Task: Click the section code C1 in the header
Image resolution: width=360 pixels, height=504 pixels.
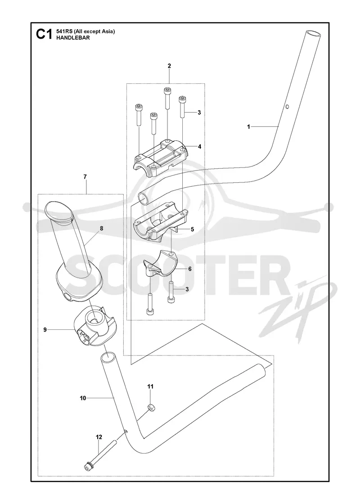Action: click(x=44, y=34)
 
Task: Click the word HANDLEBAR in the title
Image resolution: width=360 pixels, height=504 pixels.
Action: click(x=68, y=38)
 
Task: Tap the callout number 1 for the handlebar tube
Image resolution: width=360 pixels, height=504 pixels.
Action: click(x=248, y=127)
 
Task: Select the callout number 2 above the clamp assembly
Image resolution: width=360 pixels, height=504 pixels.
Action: click(x=169, y=66)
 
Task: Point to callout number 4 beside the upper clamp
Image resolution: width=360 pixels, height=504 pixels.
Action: click(x=200, y=147)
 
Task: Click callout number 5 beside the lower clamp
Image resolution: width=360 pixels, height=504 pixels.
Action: click(x=193, y=229)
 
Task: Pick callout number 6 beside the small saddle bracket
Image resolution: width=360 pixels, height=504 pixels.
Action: click(x=189, y=269)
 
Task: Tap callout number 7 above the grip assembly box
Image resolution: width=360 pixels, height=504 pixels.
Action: click(x=85, y=177)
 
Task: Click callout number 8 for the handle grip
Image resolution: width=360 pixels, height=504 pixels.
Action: click(x=102, y=229)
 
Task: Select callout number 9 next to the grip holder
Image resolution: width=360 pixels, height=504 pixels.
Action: click(x=45, y=330)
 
